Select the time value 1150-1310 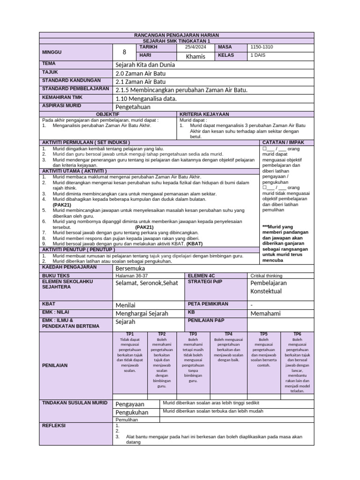[x=262, y=47]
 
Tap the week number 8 [x=124, y=52]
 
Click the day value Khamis [x=195, y=57]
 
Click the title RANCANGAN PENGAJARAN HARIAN [x=177, y=35]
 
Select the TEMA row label [x=49, y=63]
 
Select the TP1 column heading [x=129, y=334]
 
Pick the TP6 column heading [x=297, y=334]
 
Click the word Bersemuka [x=130, y=269]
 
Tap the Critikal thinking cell [x=266, y=276]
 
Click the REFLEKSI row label [x=54, y=426]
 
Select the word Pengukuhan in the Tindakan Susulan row [x=132, y=412]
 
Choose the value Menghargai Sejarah [x=142, y=313]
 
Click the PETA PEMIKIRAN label [x=208, y=304]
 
